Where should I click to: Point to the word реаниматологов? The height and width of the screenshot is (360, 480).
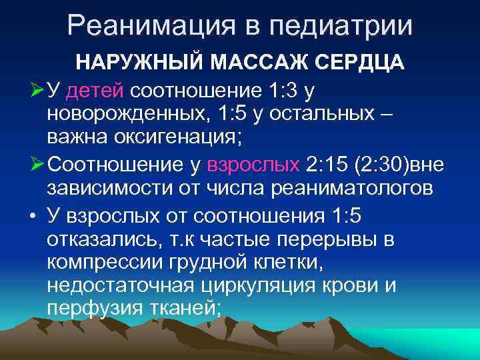point(354,189)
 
